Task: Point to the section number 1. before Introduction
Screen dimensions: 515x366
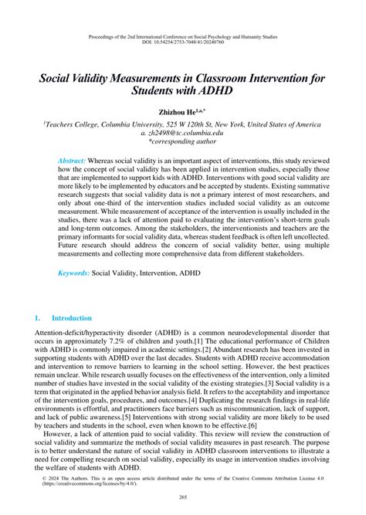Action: coord(38,317)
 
